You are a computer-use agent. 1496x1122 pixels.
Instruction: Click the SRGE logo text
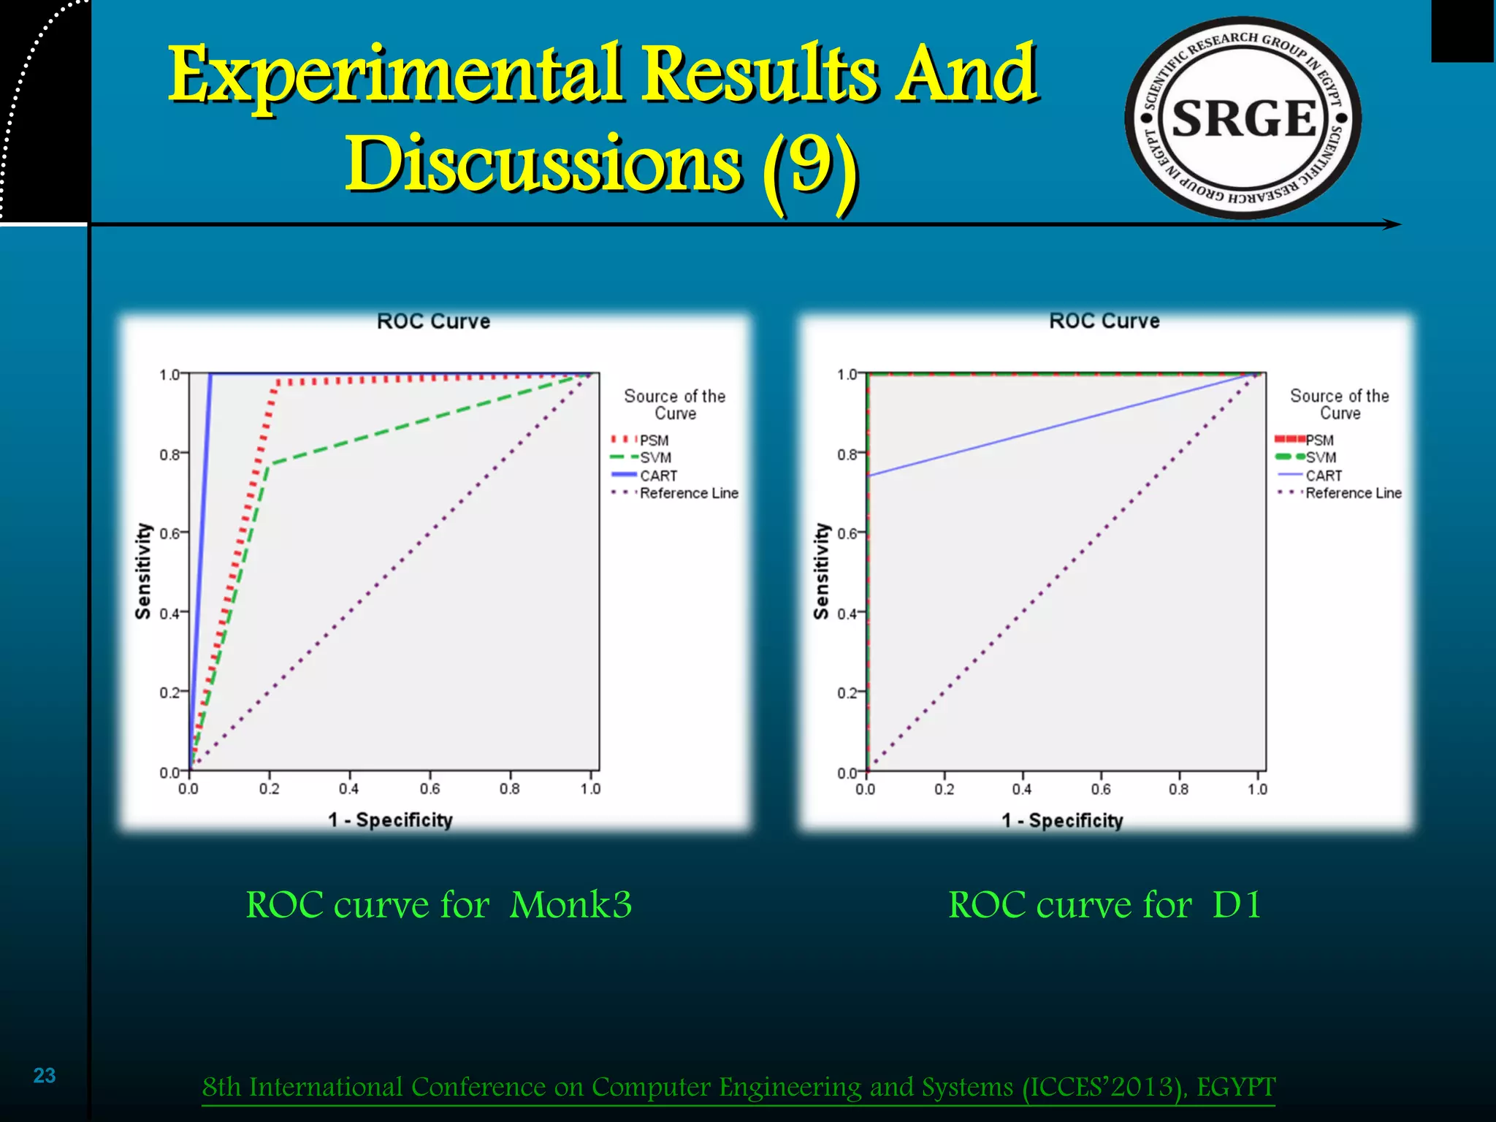point(1243,118)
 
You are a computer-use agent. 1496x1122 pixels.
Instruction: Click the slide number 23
point(45,1075)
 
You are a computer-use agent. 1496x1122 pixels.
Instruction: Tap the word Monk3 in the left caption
point(570,905)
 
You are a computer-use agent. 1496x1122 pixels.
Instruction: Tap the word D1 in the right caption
point(1236,905)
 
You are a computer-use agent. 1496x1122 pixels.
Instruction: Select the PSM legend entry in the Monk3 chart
point(653,440)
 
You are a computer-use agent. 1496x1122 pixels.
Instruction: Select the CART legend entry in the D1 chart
point(1324,476)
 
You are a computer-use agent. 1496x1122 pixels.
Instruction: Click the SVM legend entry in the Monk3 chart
point(655,458)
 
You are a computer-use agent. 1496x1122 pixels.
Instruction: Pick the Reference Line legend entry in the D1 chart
point(1353,493)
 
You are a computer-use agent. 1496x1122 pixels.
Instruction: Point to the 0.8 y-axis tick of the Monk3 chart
point(169,454)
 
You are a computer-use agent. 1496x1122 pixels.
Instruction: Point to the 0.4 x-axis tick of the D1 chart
point(1022,789)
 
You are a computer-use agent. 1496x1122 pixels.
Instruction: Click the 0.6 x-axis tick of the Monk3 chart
point(430,789)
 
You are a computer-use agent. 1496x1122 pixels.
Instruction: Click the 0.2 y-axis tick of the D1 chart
point(847,692)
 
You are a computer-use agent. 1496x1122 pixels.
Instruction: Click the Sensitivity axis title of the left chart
point(143,571)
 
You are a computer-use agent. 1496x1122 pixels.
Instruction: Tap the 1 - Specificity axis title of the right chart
point(1062,820)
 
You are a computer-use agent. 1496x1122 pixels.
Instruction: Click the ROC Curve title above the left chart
point(433,321)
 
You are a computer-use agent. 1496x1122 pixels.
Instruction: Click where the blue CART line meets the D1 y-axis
point(868,476)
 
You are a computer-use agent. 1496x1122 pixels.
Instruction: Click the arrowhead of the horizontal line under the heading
point(1394,224)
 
